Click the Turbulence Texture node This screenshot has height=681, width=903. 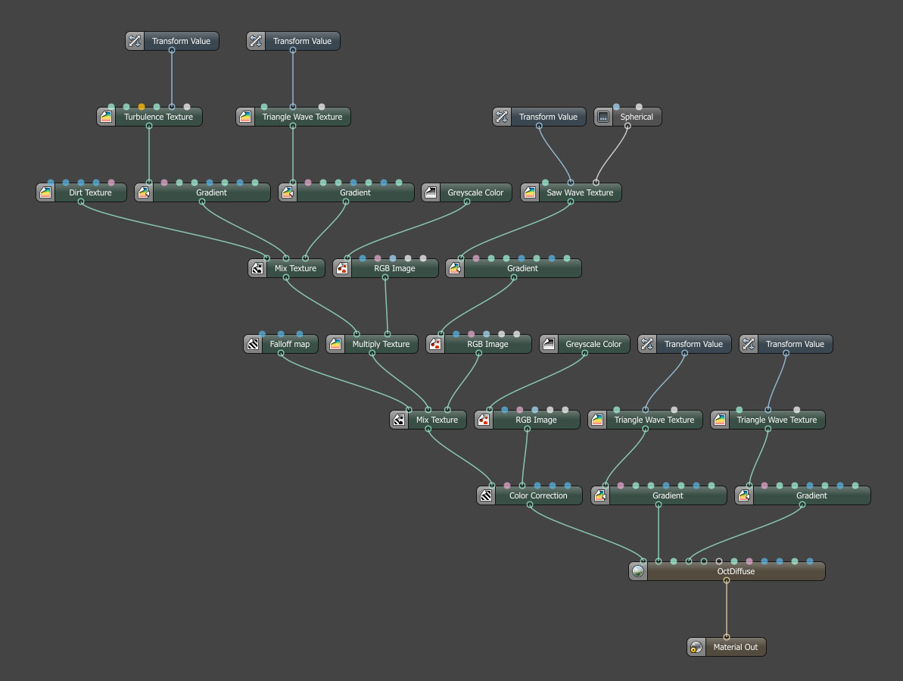[x=158, y=117]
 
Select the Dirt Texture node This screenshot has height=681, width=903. [x=90, y=193]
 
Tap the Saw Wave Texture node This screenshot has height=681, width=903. [x=580, y=193]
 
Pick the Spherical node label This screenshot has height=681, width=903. [x=637, y=117]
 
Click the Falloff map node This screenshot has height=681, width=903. [x=290, y=345]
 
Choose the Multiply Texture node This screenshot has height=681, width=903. [x=381, y=345]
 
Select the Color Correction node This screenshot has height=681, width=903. [x=538, y=496]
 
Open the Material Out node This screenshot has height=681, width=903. [x=735, y=648]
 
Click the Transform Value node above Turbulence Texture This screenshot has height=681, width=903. [x=181, y=42]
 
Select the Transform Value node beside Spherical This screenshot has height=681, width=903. [x=548, y=117]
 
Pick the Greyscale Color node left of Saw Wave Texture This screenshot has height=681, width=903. [x=475, y=193]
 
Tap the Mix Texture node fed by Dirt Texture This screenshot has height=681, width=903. [x=295, y=269]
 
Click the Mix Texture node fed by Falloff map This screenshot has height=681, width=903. [x=437, y=420]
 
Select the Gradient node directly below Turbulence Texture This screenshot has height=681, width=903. [x=211, y=193]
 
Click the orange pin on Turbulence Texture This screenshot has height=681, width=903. [x=142, y=107]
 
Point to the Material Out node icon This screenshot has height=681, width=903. [x=696, y=648]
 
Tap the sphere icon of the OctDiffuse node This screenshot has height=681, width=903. [x=638, y=572]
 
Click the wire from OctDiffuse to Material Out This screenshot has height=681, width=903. [x=726, y=610]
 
